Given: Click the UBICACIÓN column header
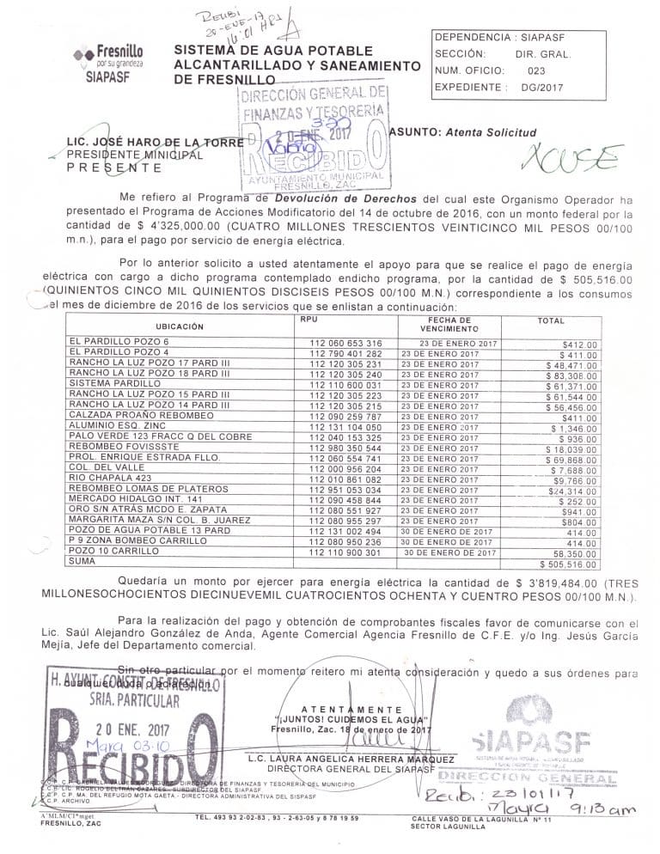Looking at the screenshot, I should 179,326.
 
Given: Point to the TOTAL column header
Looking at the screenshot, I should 551,320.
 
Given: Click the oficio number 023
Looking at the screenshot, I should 537,71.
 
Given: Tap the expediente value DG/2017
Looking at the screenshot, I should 539,88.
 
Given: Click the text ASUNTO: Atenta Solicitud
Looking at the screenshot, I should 462,132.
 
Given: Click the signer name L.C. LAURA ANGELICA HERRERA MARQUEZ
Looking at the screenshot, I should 350,759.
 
